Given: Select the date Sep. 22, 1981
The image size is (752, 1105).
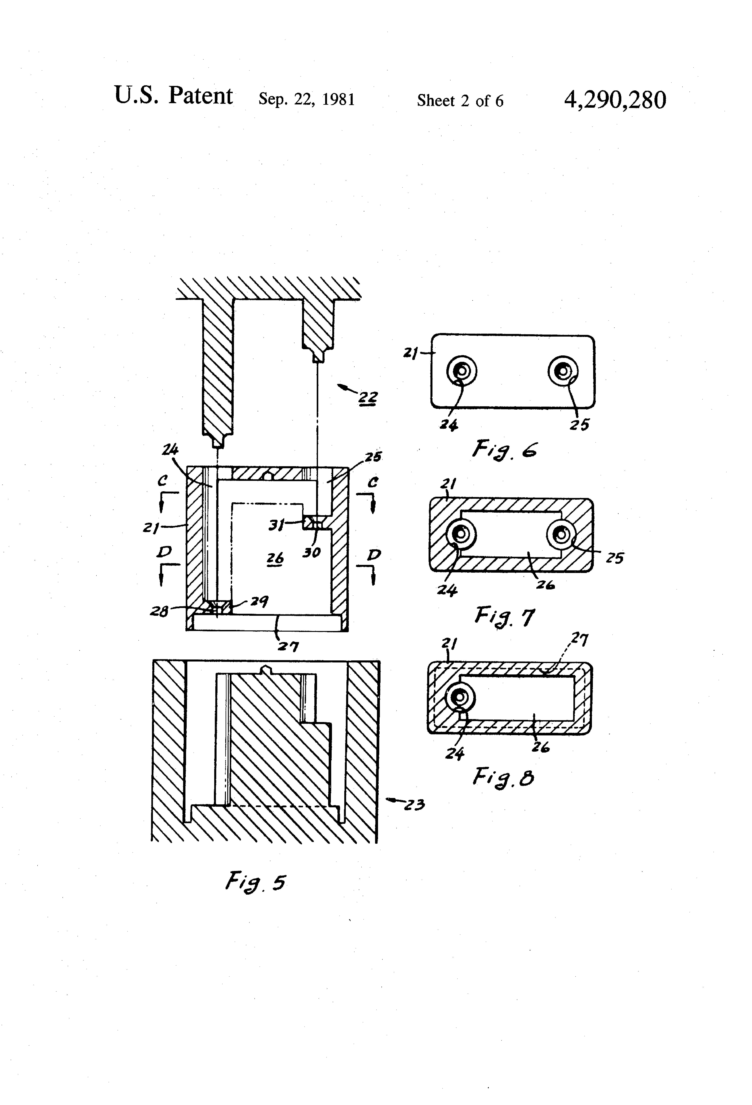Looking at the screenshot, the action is [x=307, y=99].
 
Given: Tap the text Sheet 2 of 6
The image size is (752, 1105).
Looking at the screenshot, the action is [x=460, y=100].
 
